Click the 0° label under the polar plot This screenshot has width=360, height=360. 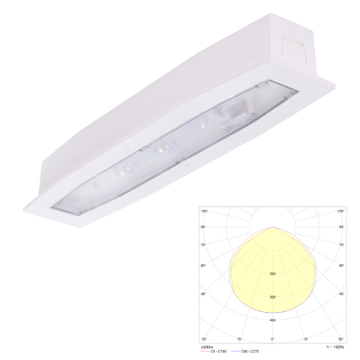point(272,338)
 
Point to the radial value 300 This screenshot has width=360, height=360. point(272,298)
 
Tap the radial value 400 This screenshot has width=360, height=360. point(272,321)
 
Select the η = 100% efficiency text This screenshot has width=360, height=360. point(334,346)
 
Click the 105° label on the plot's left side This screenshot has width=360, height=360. point(202,211)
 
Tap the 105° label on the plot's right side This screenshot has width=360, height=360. point(341,211)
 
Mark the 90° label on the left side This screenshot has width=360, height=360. point(202,226)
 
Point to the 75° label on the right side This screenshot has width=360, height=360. point(342,244)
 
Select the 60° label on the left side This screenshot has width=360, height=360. point(202,266)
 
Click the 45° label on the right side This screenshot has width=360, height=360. point(342,293)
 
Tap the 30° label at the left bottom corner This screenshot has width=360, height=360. point(203,338)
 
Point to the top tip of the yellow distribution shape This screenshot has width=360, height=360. point(272,226)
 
